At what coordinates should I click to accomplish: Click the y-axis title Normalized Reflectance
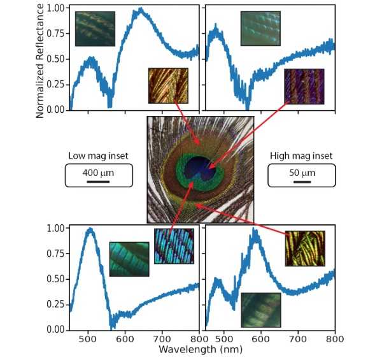(40, 60)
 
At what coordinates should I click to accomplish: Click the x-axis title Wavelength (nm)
(199, 350)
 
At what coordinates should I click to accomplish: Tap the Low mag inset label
(99, 155)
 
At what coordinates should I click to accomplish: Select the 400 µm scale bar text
(99, 171)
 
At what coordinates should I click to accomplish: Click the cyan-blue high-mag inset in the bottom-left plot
(173, 246)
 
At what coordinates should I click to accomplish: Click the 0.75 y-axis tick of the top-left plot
(57, 34)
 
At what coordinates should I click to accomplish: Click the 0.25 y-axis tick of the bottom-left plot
(57, 305)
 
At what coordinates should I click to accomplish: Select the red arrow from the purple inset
(248, 134)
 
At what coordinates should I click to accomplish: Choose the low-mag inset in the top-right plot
(260, 29)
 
